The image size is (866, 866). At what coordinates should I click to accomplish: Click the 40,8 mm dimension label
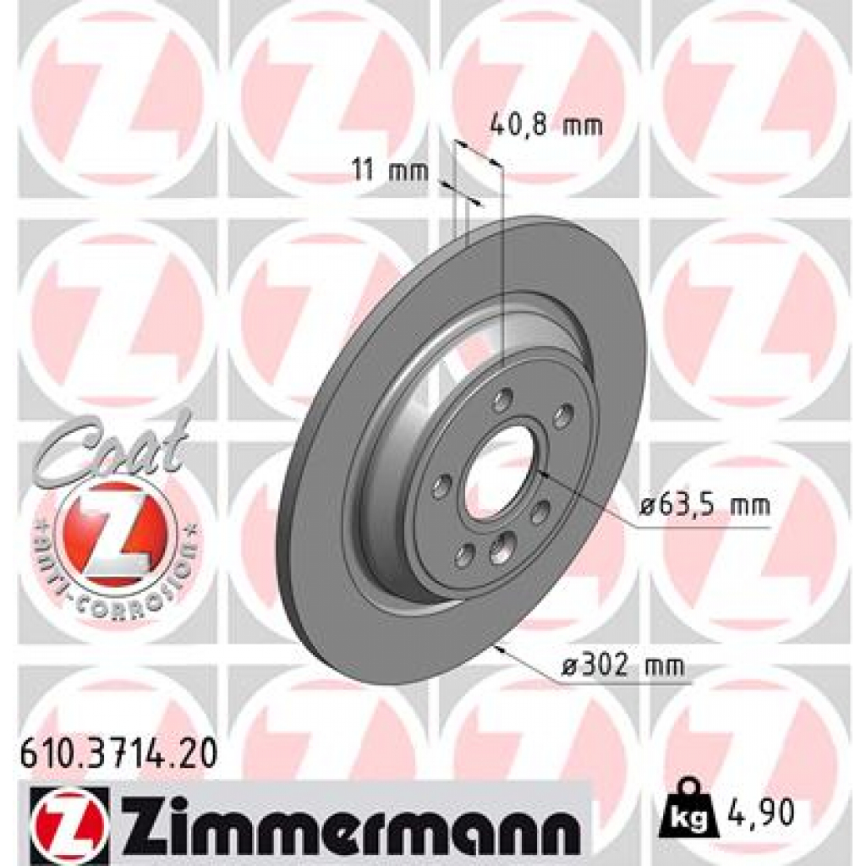click(546, 126)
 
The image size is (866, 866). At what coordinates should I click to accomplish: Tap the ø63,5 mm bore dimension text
click(704, 507)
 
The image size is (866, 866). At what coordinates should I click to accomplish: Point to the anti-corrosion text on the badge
click(118, 584)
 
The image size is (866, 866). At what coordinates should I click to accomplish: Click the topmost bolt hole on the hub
click(503, 398)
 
